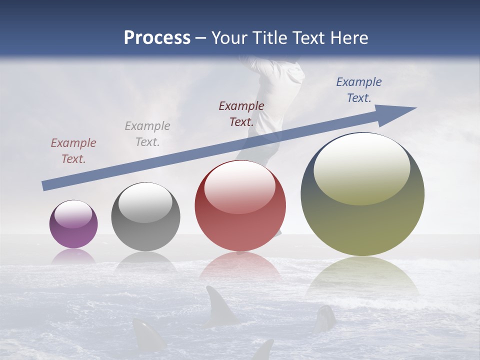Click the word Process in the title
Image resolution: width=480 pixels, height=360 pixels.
point(157,38)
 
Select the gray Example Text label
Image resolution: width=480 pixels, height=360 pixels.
point(147,134)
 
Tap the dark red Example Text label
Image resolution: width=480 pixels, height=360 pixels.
point(241,114)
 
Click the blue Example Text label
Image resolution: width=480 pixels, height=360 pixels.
point(359,90)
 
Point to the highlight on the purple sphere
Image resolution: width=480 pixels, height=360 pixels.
point(73,214)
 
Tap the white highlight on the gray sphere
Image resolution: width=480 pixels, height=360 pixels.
point(145,202)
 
